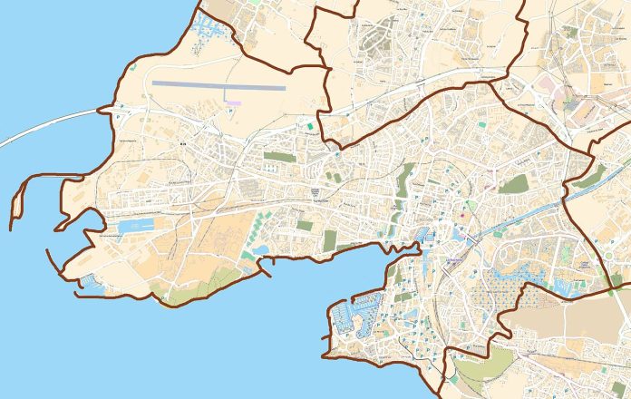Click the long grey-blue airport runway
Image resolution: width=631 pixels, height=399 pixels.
[x=218, y=85]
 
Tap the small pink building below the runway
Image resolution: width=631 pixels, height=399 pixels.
[x=234, y=102]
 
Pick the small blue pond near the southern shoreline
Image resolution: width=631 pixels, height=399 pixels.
[x=261, y=249]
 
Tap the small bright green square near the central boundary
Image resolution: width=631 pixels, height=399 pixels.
[x=315, y=126]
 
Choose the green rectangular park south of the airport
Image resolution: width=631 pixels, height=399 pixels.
[x=277, y=156]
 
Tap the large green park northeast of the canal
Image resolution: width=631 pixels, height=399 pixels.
[x=513, y=184]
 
